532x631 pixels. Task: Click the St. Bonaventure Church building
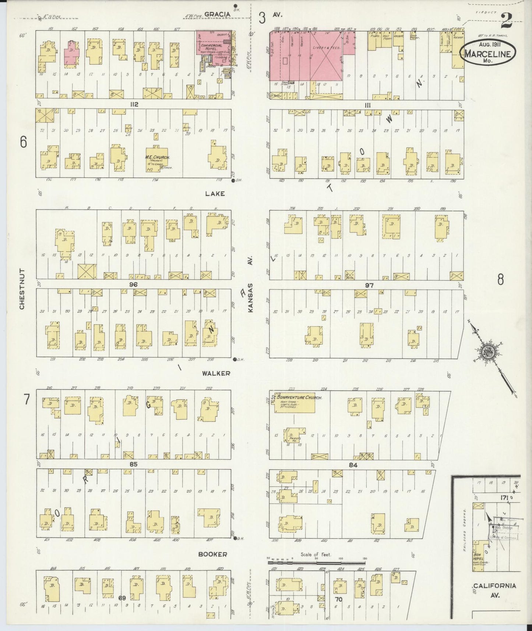[x=295, y=405]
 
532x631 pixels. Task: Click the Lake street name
[x=215, y=193]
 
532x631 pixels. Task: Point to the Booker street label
[x=212, y=554]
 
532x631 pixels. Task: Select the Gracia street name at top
[x=217, y=14]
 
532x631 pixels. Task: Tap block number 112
[x=133, y=105]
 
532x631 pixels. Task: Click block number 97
[x=369, y=285]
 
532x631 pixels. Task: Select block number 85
[x=133, y=465]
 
